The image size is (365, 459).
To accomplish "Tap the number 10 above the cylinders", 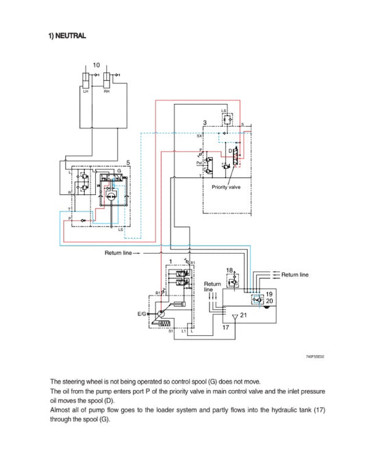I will (x=96, y=65).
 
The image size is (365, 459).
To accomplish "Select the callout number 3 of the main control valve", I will (x=205, y=122).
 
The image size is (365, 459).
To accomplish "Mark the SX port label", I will (x=199, y=135).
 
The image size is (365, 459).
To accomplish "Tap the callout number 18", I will (x=229, y=271).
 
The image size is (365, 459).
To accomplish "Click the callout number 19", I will (x=268, y=293).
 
